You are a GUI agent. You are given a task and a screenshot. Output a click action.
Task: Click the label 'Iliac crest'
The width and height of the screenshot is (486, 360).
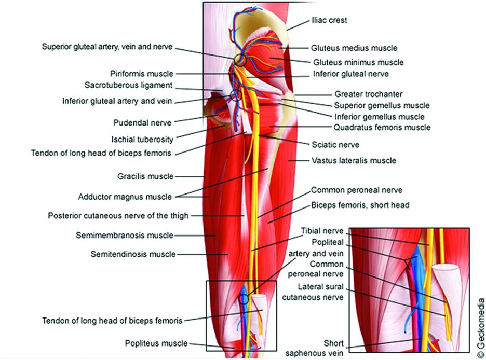tap(329, 20)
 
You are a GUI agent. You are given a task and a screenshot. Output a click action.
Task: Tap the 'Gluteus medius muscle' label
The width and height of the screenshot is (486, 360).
tap(354, 48)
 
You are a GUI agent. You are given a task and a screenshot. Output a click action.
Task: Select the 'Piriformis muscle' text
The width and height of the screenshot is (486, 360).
tap(142, 74)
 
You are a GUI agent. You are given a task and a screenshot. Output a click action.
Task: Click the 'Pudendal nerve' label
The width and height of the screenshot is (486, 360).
tap(142, 123)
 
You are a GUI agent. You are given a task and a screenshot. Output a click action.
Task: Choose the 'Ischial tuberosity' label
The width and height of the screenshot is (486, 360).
tap(142, 139)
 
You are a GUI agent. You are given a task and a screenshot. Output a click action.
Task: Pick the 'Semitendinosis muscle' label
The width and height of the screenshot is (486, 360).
tap(133, 254)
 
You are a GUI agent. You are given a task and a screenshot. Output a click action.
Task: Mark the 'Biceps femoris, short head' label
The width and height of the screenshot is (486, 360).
tap(360, 205)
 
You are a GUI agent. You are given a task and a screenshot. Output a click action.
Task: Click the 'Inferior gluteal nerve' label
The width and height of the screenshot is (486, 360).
tap(351, 74)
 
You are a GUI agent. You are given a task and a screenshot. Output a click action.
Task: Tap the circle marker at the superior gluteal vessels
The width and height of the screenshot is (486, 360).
tap(238, 60)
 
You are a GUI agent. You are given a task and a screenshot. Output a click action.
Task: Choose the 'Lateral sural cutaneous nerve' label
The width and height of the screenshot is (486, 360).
tap(320, 292)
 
